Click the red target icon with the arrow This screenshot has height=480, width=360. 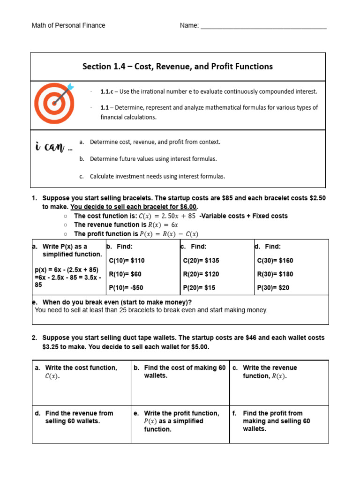[54, 103]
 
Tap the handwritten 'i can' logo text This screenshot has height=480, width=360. [54, 148]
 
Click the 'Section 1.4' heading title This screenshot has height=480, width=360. [178, 67]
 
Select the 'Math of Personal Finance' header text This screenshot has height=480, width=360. [68, 25]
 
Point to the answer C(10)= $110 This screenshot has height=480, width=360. [127, 261]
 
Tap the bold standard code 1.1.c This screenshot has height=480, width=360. [107, 91]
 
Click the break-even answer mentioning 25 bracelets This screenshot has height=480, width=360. [151, 310]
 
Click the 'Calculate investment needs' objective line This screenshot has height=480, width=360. [157, 177]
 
